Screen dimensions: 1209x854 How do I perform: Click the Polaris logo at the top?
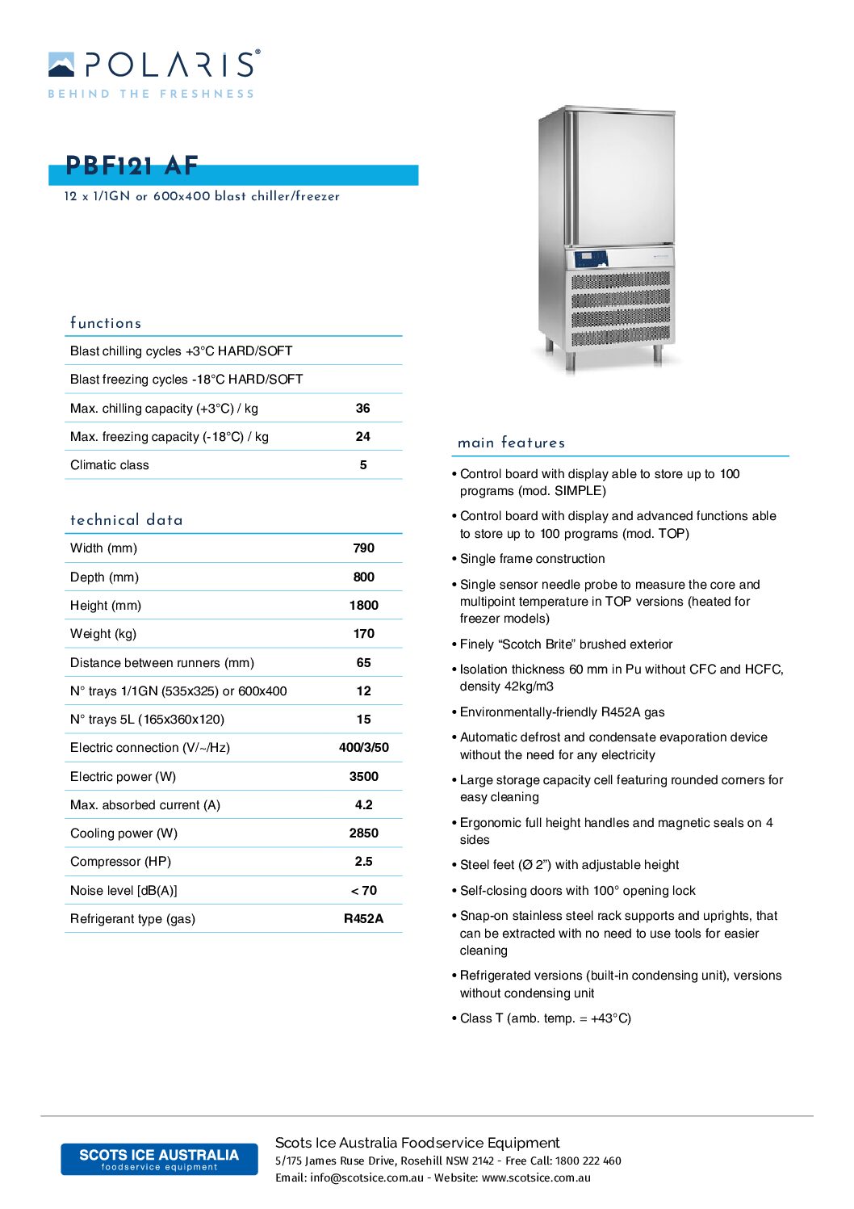point(153,73)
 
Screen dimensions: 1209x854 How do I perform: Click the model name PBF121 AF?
point(132,166)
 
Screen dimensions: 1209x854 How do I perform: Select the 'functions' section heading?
point(106,323)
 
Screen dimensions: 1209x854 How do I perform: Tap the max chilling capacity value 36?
point(363,409)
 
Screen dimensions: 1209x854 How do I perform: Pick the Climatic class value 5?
point(363,465)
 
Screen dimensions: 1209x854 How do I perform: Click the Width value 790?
point(364,548)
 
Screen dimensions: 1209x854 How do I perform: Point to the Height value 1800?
point(364,606)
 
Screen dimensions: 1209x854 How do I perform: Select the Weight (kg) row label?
point(103,634)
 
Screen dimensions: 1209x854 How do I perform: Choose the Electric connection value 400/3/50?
point(364,748)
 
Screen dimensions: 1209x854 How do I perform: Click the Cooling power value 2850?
point(364,833)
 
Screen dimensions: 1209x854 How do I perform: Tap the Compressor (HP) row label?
point(120,862)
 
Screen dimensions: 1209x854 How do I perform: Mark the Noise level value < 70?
point(364,891)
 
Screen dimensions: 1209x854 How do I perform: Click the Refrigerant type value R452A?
point(364,919)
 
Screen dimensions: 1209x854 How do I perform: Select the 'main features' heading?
point(511,443)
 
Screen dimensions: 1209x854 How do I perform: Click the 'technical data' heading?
point(127,520)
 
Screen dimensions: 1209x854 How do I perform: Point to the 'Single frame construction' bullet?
point(532,559)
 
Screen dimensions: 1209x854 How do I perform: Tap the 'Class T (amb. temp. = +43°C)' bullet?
point(545,1018)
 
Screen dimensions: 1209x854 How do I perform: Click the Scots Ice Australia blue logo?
point(159,1159)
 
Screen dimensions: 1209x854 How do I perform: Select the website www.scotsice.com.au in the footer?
point(536,1178)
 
